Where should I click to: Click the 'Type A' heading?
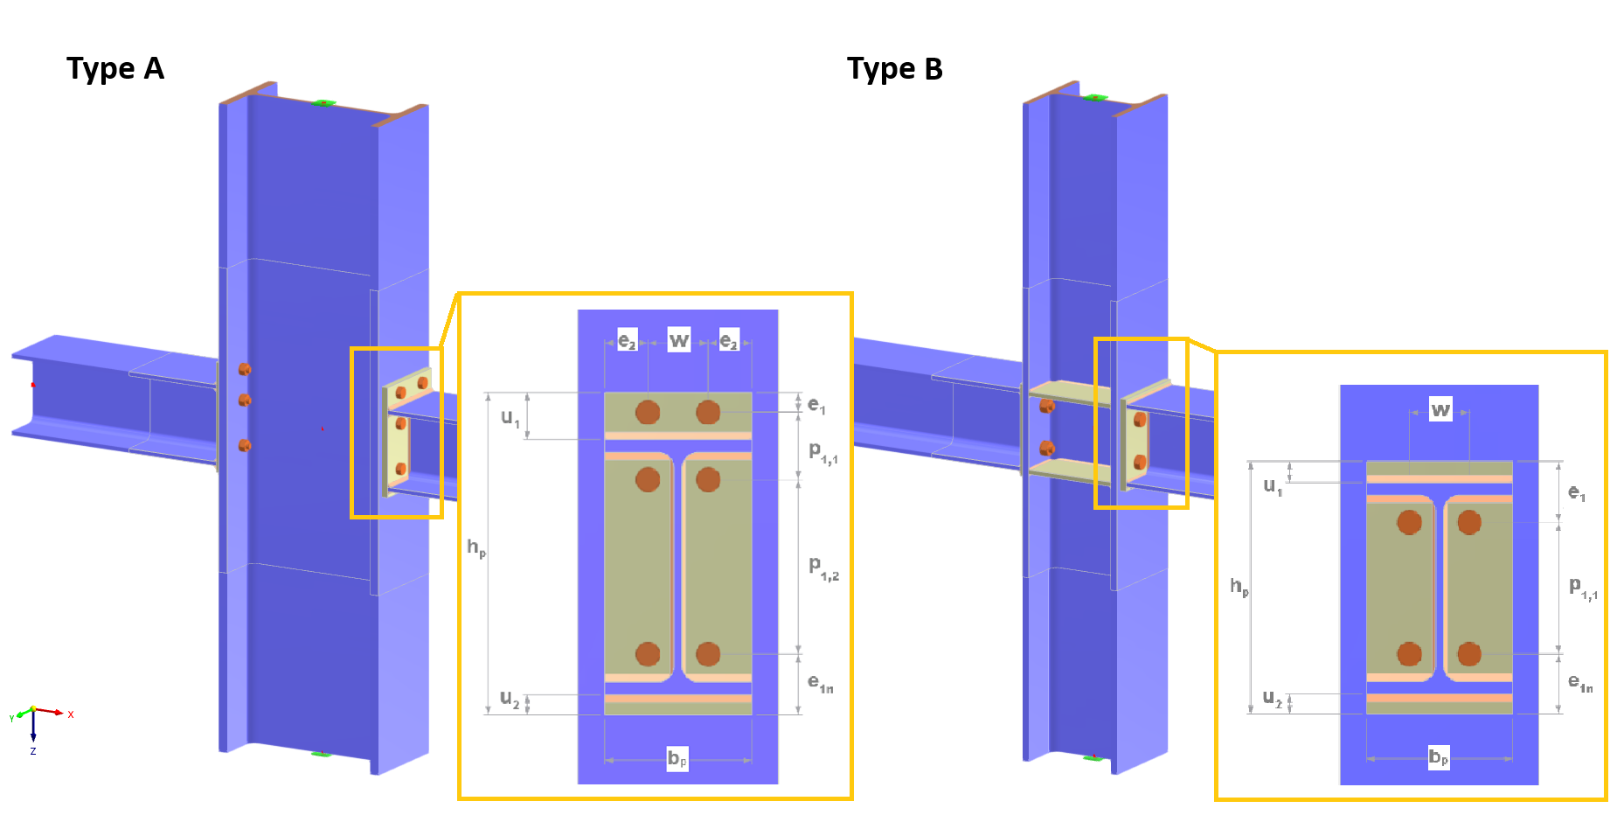[115, 68]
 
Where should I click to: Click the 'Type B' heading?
[894, 68]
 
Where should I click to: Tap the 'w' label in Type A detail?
[679, 339]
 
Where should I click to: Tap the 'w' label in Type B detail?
[1440, 409]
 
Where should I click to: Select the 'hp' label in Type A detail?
[475, 547]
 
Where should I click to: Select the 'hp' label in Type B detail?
[1239, 586]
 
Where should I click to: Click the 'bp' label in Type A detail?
[677, 758]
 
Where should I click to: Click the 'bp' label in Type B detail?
[1438, 757]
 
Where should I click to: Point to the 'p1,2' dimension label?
[823, 568]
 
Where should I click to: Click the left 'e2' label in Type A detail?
[627, 340]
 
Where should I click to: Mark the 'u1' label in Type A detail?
[510, 417]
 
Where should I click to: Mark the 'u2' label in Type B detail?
[1272, 698]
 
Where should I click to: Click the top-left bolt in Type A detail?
[647, 412]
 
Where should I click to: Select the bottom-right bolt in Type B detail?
[1469, 653]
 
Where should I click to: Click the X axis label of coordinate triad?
[71, 714]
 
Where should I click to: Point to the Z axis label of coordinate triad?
[33, 751]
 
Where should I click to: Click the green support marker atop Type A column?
[323, 103]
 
